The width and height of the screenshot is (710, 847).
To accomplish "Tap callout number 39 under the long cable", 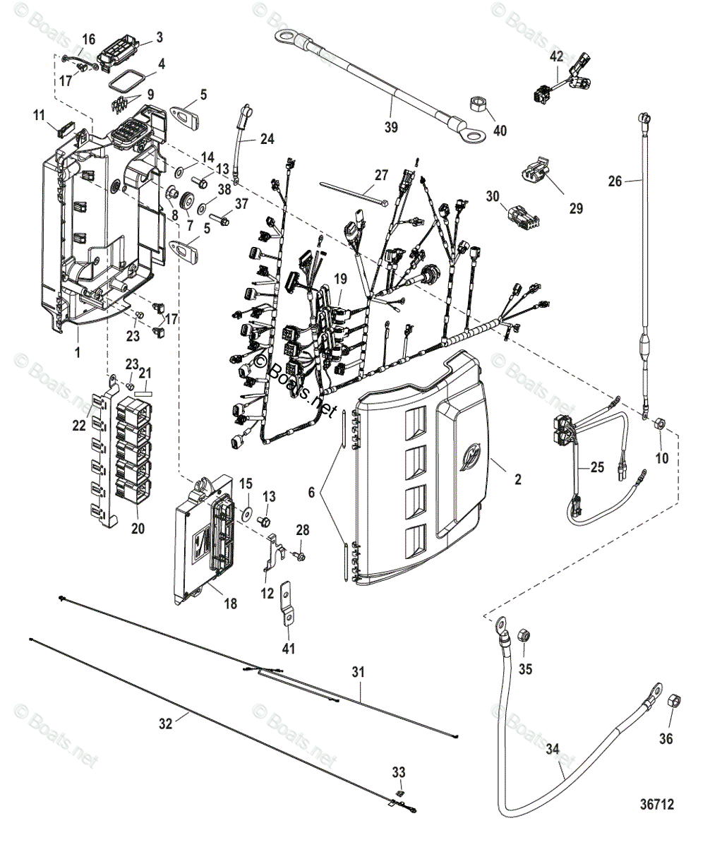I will point(391,127).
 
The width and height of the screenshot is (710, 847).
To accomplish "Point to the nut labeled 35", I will point(525,635).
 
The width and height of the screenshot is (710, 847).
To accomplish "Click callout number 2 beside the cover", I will point(518,480).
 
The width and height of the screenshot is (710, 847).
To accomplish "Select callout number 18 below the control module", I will point(230,603).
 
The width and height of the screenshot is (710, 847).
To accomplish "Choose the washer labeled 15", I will point(247,510).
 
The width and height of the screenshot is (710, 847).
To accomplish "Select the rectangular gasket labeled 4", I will point(128,79).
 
